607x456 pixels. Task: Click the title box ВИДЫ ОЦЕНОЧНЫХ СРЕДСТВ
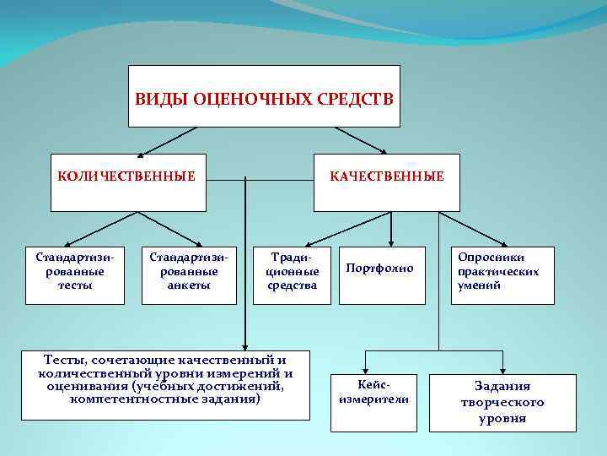coord(264,96)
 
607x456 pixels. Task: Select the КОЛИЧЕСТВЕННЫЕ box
coord(128,182)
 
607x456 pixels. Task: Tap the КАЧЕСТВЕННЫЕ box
coord(387,182)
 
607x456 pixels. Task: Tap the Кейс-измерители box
coord(373,402)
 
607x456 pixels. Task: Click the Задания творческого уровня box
coord(502,402)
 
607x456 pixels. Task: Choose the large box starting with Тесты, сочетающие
coord(165,385)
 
